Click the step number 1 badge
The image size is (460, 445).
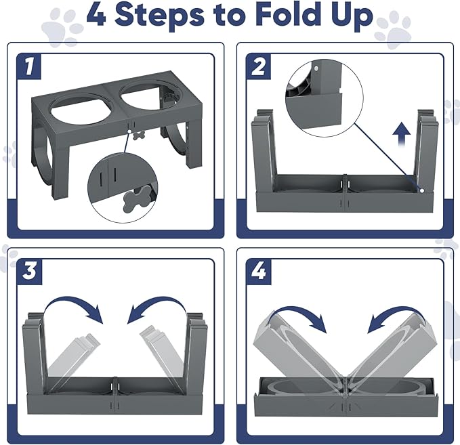tap(28, 66)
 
